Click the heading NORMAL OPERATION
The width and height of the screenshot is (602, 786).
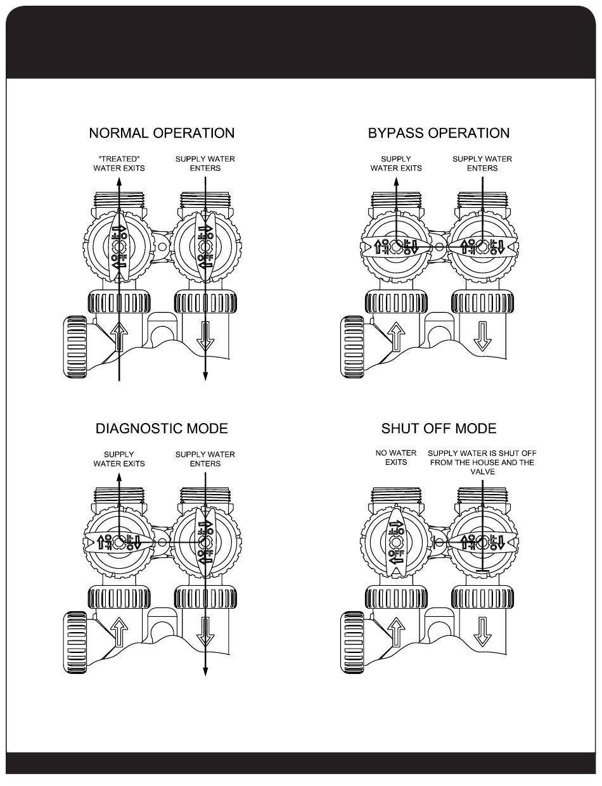point(162,134)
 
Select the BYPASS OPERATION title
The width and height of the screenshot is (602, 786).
point(439,134)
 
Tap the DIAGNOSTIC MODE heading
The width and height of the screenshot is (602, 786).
point(162,429)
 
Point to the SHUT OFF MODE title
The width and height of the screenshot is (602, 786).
point(439,429)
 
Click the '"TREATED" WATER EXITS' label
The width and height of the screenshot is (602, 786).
point(119,163)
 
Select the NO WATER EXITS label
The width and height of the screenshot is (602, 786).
point(395,458)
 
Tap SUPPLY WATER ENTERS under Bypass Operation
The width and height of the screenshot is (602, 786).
point(482,163)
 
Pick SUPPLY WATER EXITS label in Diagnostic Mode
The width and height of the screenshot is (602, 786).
point(119,459)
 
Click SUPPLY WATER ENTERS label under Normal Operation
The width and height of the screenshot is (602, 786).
point(205,163)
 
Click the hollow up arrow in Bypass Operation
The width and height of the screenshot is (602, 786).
point(396,336)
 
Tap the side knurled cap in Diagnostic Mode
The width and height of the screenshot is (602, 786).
point(75,643)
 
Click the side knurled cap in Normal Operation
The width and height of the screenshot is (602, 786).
point(75,347)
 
